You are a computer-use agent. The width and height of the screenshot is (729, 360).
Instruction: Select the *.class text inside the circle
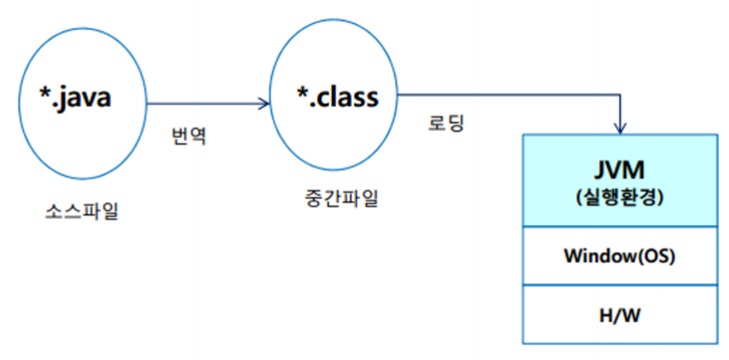[x=337, y=97]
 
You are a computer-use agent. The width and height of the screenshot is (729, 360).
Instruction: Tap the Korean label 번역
[x=190, y=135]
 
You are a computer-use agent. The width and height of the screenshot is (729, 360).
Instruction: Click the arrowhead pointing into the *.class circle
[x=263, y=104]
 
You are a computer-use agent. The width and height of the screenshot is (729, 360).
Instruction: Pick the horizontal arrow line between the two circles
[x=205, y=104]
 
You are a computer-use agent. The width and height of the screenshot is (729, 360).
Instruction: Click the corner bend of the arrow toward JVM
[x=621, y=94]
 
